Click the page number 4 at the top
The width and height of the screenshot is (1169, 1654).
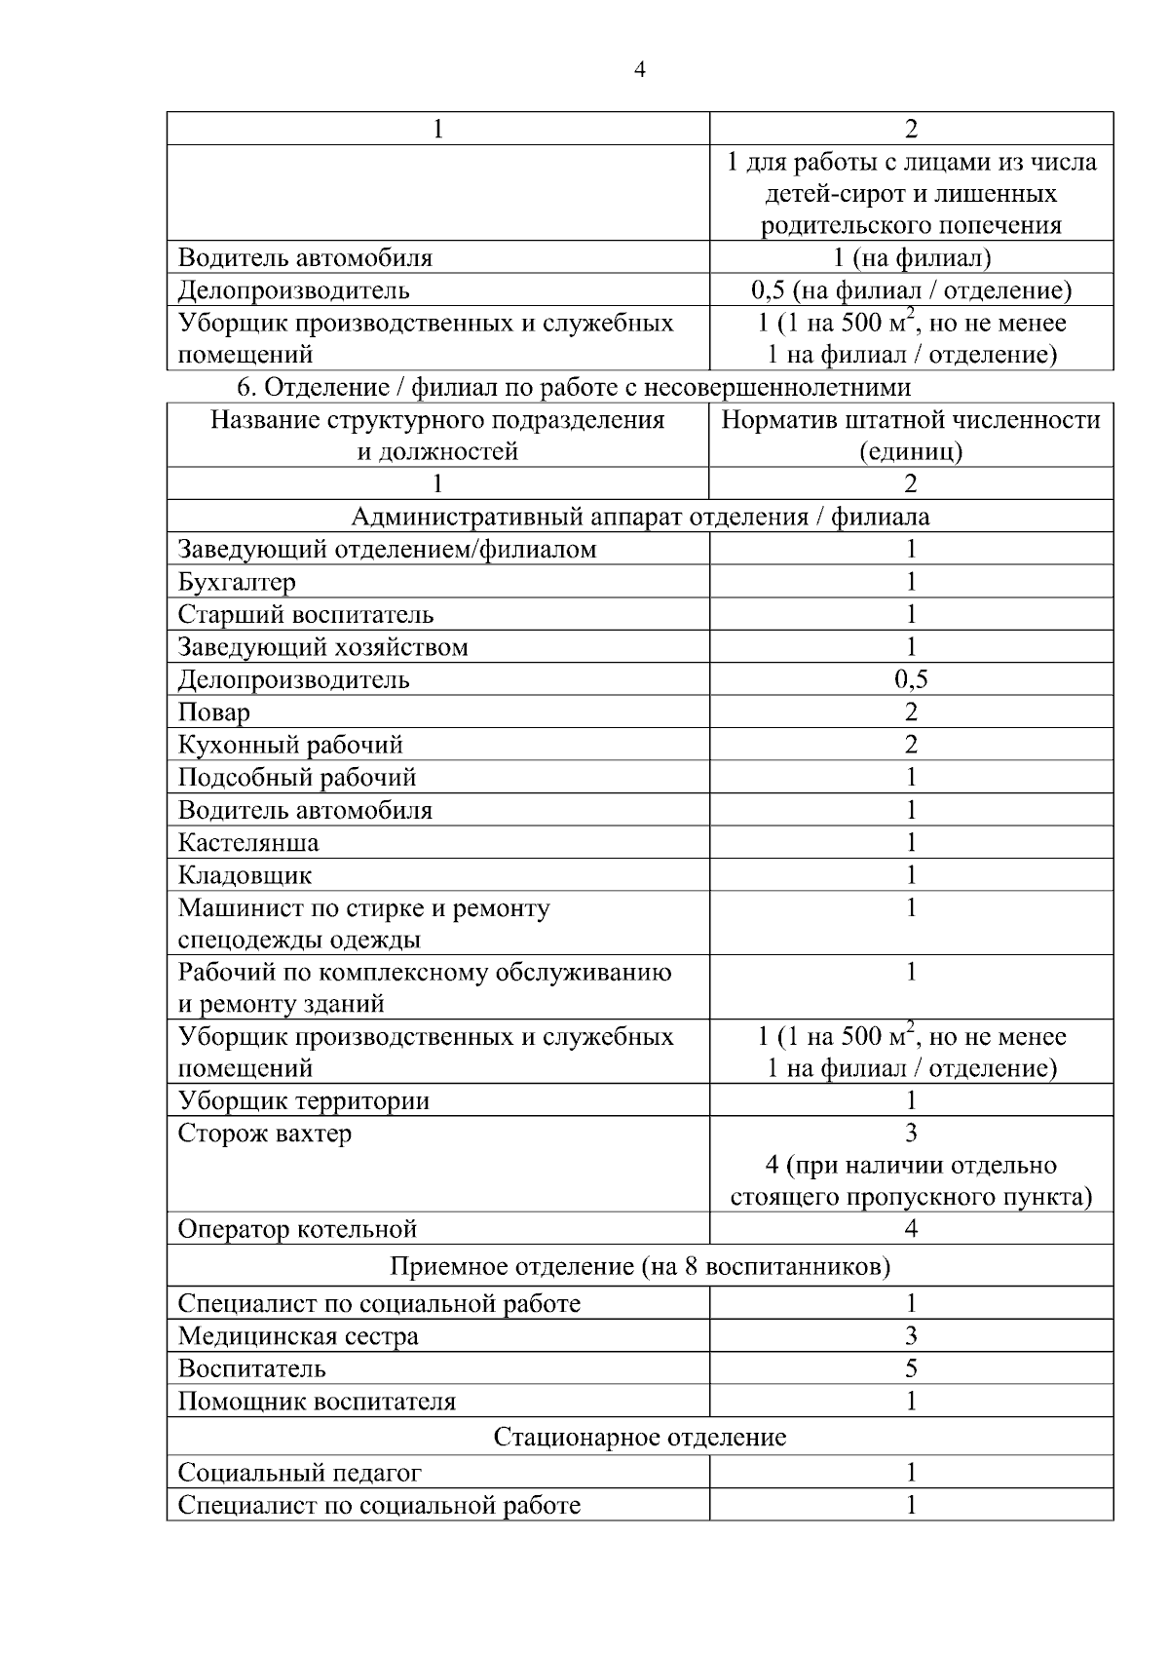pyautogui.click(x=639, y=69)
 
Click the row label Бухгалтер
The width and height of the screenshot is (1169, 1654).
pyautogui.click(x=237, y=583)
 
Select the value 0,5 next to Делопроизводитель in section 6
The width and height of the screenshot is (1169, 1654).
pyautogui.click(x=911, y=679)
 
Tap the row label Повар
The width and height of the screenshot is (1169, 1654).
pyautogui.click(x=213, y=712)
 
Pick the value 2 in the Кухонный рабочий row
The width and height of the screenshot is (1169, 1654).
pyautogui.click(x=911, y=746)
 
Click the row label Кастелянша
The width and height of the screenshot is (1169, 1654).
pyautogui.click(x=248, y=843)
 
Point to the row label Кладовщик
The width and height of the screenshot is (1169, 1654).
pyautogui.click(x=245, y=875)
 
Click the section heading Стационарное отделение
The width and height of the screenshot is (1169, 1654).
pyautogui.click(x=639, y=1438)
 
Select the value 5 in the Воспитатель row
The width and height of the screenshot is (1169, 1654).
pyautogui.click(x=911, y=1369)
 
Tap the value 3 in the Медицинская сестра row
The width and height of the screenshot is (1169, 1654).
pyautogui.click(x=911, y=1336)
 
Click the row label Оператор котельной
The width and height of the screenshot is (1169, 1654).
pyautogui.click(x=297, y=1229)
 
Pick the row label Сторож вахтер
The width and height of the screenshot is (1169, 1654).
pyautogui.click(x=265, y=1134)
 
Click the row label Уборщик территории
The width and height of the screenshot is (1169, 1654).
pyautogui.click(x=304, y=1101)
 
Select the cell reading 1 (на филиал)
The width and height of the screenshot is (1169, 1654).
pyautogui.click(x=911, y=258)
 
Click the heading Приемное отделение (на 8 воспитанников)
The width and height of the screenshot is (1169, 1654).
pyautogui.click(x=639, y=1267)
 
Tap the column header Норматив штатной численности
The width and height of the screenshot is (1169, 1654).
pyautogui.click(x=911, y=420)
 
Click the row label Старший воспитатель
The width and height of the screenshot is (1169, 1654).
pyautogui.click(x=306, y=615)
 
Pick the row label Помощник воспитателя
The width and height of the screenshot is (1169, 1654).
pyautogui.click(x=317, y=1403)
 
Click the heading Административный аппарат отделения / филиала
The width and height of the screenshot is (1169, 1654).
pyautogui.click(x=639, y=517)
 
